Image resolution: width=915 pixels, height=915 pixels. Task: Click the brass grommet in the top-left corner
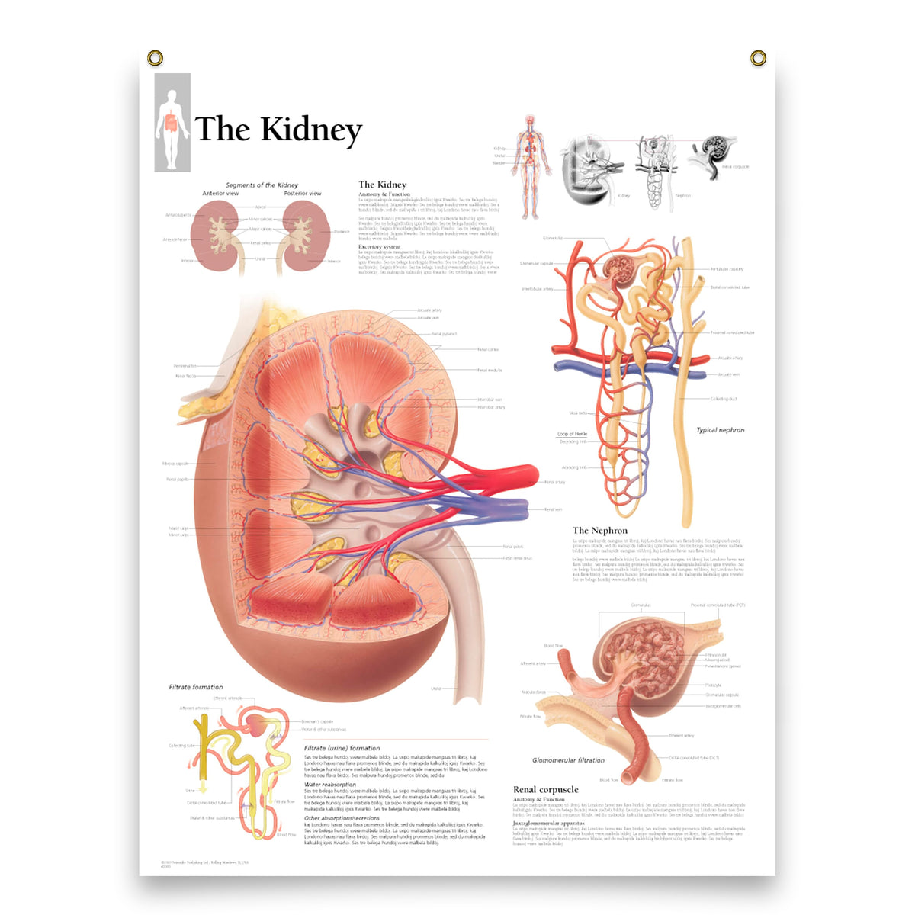pos(155,58)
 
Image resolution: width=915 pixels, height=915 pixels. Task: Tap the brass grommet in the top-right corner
pos(758,58)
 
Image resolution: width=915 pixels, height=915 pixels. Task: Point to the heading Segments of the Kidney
pos(262,185)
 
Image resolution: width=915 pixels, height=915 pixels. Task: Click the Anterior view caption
pos(220,194)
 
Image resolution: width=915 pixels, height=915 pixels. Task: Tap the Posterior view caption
pos(303,194)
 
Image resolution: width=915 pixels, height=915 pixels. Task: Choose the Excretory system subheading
pos(380,247)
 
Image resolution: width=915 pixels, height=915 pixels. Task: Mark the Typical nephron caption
pos(720,430)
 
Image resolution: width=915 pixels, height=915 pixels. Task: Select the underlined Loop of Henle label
pos(572,434)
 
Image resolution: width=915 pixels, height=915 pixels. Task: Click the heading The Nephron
pos(600,531)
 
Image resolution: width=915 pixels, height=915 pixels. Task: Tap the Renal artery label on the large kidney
pos(554,482)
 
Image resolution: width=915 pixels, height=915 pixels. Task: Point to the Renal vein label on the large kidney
pos(553,509)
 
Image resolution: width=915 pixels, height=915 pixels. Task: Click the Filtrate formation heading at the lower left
pos(196,687)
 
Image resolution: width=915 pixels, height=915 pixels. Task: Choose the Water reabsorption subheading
pos(330,785)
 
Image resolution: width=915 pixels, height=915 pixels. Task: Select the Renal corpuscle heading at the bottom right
pos(546,790)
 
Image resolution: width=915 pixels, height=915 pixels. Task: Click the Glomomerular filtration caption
pos(568,760)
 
